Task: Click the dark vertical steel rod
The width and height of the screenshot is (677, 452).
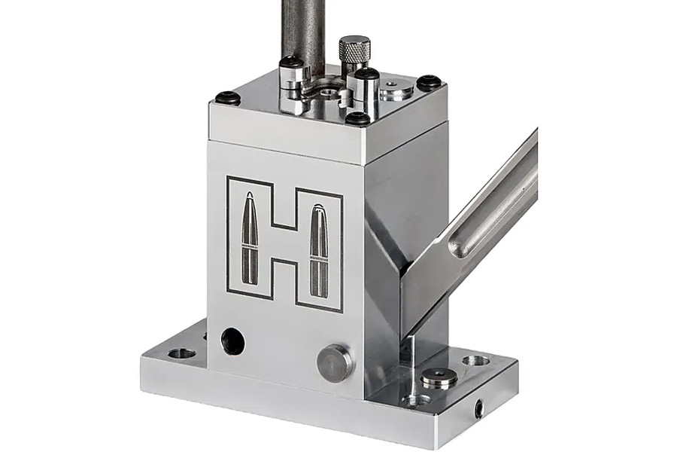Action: tap(300, 30)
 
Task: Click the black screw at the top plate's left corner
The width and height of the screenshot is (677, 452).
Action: tap(227, 97)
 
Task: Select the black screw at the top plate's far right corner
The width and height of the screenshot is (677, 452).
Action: tap(428, 81)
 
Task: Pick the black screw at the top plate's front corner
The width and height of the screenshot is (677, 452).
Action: tap(358, 118)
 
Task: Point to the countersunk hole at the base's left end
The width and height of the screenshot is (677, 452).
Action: tap(181, 353)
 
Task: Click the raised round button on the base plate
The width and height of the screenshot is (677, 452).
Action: tap(436, 377)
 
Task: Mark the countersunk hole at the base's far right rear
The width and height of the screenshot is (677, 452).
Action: tap(474, 360)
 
